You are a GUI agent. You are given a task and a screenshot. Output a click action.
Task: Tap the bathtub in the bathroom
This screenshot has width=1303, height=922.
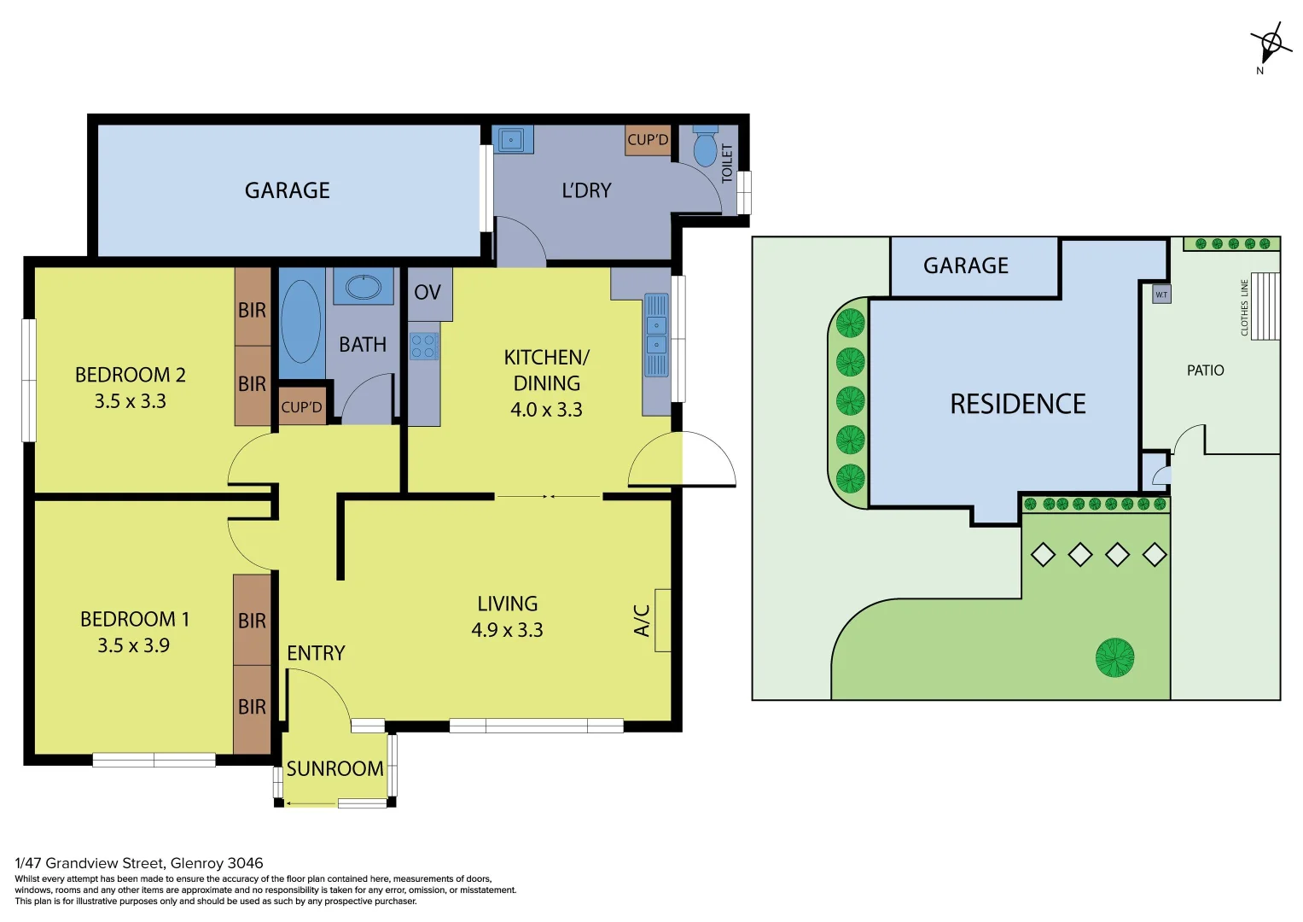click(x=300, y=322)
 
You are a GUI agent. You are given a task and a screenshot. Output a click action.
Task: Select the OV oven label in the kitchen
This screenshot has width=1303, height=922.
click(x=428, y=292)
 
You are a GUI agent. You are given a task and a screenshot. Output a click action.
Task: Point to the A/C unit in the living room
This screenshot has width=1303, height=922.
click(x=662, y=620)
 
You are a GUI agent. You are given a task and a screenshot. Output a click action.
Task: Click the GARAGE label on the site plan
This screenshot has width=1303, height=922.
click(x=966, y=266)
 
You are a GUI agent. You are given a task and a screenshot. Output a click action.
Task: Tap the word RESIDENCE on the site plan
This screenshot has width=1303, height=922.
click(x=1017, y=404)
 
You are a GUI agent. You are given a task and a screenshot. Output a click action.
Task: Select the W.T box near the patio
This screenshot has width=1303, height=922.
click(x=1161, y=295)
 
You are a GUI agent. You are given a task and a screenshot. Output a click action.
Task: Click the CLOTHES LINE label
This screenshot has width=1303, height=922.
click(x=1244, y=308)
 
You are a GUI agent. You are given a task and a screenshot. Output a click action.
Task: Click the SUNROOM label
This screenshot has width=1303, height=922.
click(x=335, y=769)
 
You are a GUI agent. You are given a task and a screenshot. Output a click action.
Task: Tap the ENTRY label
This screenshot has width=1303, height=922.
click(x=316, y=653)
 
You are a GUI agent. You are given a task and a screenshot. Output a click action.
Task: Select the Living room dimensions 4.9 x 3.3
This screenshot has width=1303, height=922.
click(x=507, y=630)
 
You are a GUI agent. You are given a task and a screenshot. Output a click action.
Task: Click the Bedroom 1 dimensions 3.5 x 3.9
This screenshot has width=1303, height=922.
click(x=133, y=645)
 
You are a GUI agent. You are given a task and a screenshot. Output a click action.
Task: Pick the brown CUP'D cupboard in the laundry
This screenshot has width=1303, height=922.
click(x=648, y=140)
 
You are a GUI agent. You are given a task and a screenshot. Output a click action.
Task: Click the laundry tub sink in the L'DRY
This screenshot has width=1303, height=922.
click(x=512, y=140)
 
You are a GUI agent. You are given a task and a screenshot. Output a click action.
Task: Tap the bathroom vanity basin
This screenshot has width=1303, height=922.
click(x=364, y=286)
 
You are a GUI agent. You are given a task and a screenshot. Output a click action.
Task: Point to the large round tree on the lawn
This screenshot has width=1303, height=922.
click(x=1114, y=657)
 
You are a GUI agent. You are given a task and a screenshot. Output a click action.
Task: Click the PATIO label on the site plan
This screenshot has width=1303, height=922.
click(x=1205, y=371)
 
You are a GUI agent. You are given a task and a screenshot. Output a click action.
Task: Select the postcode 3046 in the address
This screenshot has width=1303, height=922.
click(x=246, y=863)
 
